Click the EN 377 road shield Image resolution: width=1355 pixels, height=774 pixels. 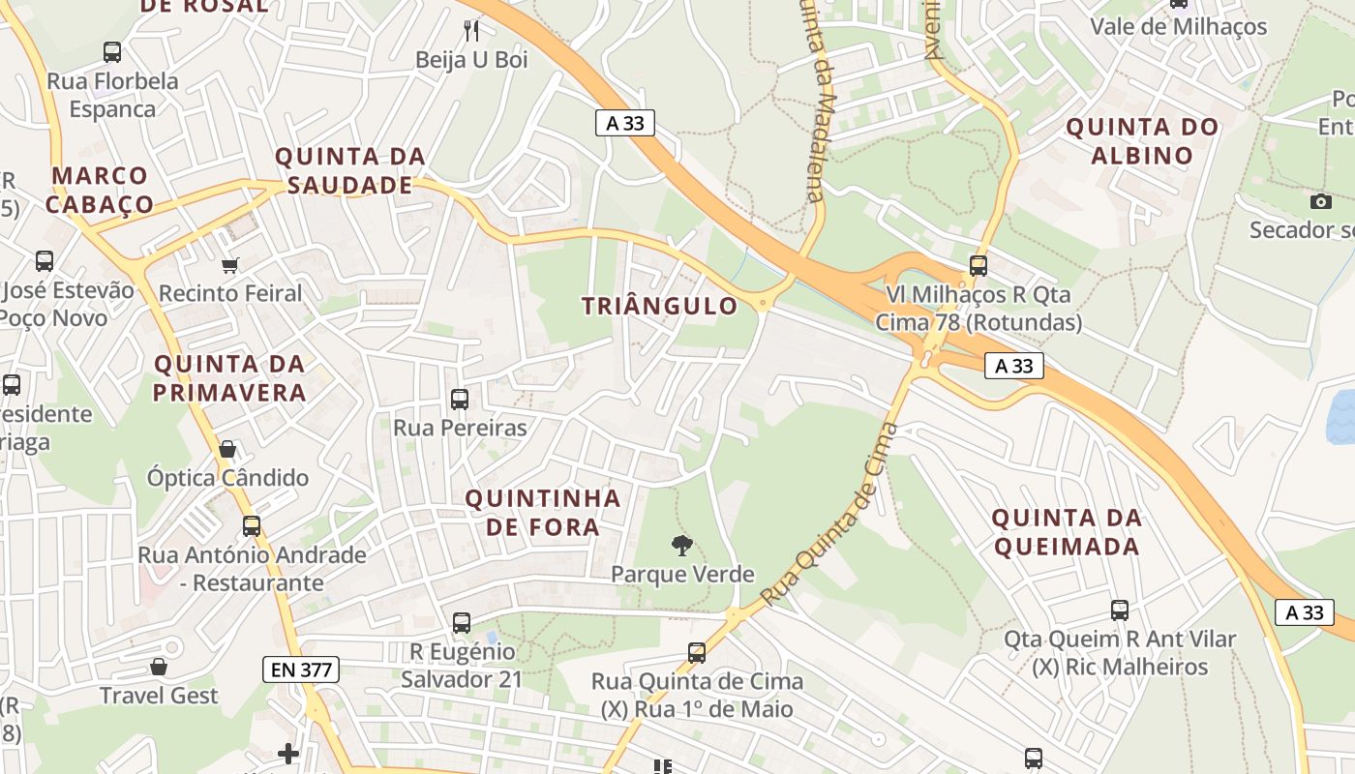pos(300,669)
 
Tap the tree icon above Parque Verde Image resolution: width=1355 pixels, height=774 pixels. pos(682,545)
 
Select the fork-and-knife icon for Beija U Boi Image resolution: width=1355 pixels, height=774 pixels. pos(471,30)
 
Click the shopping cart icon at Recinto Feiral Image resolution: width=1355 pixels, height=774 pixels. pos(230,264)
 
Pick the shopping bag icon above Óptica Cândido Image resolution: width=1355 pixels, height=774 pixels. pos(227,449)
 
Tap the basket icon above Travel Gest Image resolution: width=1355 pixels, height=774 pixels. pos(159,667)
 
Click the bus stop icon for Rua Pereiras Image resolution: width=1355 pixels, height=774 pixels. pos(460,399)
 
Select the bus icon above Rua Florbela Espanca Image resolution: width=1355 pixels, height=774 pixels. pos(112,52)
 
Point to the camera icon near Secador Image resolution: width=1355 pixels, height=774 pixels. pos(1320,201)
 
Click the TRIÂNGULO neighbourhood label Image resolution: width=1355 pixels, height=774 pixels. pos(659,307)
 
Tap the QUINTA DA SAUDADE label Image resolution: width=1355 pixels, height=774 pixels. pos(350,170)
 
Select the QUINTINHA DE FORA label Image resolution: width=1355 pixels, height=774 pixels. pos(542,513)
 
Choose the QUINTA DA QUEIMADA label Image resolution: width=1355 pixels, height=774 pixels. pos(1067,532)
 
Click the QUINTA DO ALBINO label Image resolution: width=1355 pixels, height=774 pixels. pos(1142,141)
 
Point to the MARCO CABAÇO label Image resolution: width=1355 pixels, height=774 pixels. pos(100,190)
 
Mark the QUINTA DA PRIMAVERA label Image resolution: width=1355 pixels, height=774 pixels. pos(229,378)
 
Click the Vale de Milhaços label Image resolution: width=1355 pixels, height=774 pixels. pos(1178,26)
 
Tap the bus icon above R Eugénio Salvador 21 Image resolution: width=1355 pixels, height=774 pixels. pos(462,623)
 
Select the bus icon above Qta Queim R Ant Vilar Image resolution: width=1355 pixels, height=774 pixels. pos(1120,610)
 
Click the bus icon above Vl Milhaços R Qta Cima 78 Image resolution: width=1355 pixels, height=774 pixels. pos(979,265)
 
